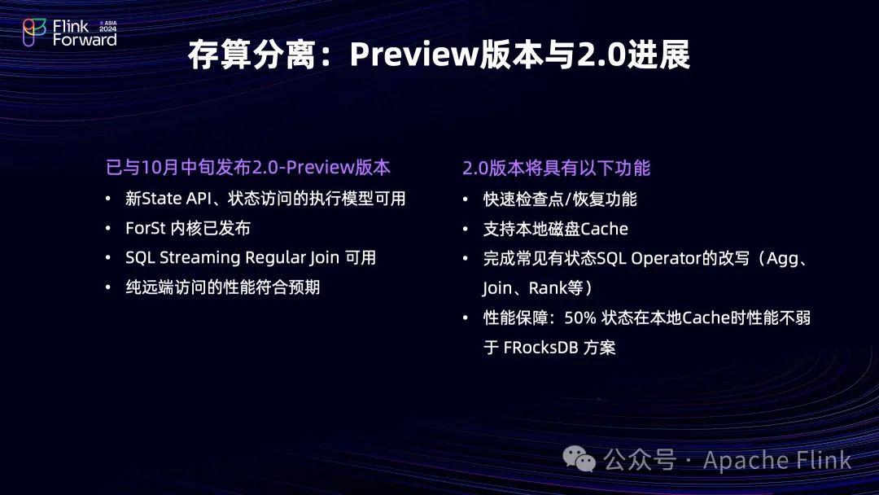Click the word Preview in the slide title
(411, 55)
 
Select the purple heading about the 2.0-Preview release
(248, 168)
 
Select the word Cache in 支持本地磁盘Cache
(604, 229)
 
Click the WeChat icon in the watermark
(584, 460)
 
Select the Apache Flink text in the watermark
(776, 460)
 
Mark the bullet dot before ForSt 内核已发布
(109, 229)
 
